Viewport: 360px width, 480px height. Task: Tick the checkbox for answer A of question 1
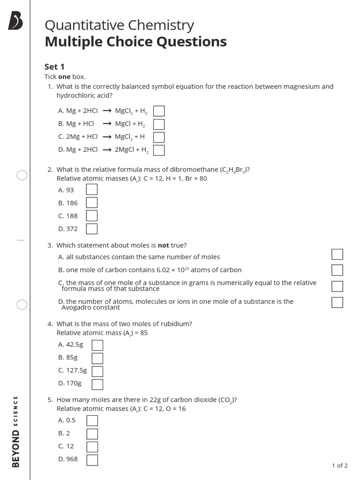click(159, 111)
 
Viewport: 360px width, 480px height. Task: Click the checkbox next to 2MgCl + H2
click(159, 150)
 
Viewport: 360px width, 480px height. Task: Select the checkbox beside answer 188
click(92, 216)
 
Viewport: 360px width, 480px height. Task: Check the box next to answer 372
click(92, 229)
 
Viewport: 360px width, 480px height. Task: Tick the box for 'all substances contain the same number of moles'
click(337, 254)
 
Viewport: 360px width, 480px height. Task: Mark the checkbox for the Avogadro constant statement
click(337, 302)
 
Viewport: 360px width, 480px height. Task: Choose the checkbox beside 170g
click(97, 384)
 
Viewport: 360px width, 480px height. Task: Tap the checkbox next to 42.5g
click(97, 345)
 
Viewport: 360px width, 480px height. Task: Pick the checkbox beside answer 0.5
click(92, 420)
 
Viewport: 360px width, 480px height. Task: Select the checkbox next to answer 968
click(92, 460)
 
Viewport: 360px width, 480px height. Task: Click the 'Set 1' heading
click(54, 67)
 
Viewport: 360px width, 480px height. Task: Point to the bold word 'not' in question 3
click(163, 245)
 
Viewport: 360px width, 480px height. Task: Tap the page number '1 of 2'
click(339, 465)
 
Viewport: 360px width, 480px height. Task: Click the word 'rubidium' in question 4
click(177, 324)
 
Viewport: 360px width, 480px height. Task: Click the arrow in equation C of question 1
click(107, 137)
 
